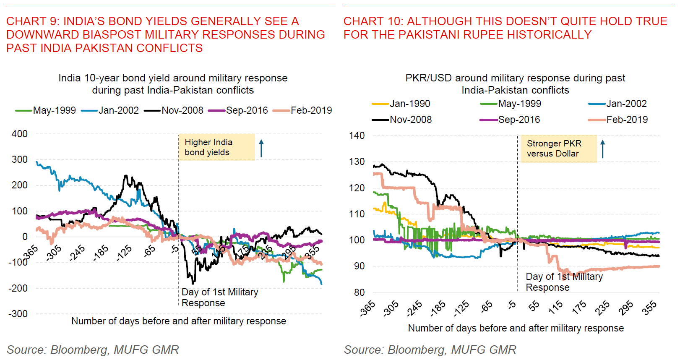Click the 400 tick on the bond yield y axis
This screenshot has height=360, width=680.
pyautogui.click(x=20, y=134)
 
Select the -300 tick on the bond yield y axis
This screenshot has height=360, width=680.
pyautogui.click(x=18, y=314)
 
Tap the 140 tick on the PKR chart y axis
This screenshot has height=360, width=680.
pyautogui.click(x=357, y=136)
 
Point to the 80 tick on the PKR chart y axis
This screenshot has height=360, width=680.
pyautogui.click(x=359, y=292)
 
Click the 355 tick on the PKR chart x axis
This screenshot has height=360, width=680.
pyautogui.click(x=649, y=308)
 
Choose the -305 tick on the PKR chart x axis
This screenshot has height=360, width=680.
pyautogui.click(x=391, y=308)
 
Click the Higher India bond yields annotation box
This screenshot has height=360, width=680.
pyautogui.click(x=216, y=147)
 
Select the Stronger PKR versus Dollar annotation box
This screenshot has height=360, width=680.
pyautogui.click(x=558, y=149)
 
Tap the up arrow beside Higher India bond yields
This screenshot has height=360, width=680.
pyautogui.click(x=261, y=149)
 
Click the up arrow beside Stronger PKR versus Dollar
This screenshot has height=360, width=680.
pyautogui.click(x=603, y=149)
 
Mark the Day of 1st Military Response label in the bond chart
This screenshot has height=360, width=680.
pyautogui.click(x=219, y=297)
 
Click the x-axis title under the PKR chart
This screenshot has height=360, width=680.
pyautogui.click(x=516, y=328)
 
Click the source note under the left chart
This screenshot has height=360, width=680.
pyautogui.click(x=93, y=350)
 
